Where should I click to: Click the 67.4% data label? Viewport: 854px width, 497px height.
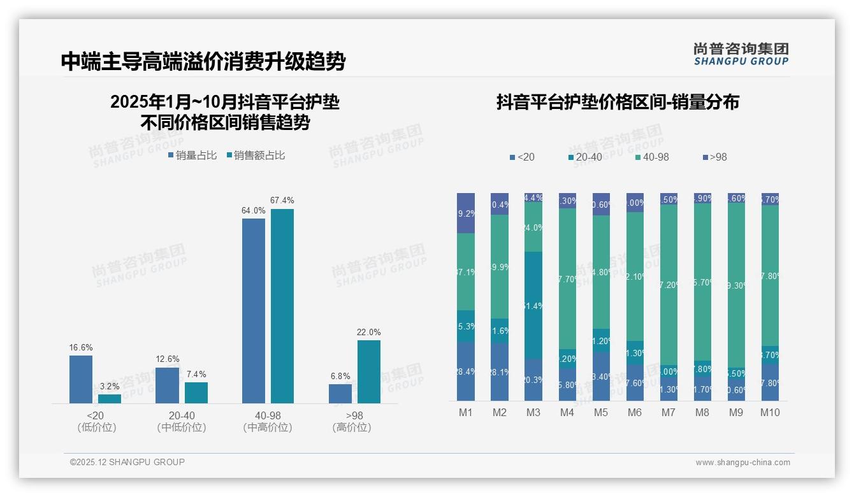tap(282, 201)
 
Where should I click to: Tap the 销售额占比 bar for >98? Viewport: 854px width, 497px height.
tap(369, 371)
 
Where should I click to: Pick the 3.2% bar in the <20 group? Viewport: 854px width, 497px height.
tap(110, 399)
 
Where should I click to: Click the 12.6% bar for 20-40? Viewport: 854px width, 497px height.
tap(167, 385)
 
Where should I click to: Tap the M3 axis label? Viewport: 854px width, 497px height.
tap(533, 413)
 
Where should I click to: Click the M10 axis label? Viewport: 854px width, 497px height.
tap(770, 413)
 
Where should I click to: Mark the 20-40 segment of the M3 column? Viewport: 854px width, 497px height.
tap(533, 305)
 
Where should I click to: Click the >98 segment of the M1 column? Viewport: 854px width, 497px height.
tap(466, 213)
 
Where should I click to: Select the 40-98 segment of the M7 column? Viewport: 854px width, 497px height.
tap(669, 285)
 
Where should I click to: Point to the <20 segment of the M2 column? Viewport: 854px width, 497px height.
tap(500, 372)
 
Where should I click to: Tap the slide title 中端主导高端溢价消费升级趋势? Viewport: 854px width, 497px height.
tap(203, 62)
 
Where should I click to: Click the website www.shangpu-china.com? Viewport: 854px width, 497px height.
tap(742, 463)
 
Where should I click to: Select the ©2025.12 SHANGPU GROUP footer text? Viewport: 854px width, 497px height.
tap(127, 462)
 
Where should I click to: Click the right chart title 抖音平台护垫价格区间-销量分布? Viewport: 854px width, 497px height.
tap(618, 103)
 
